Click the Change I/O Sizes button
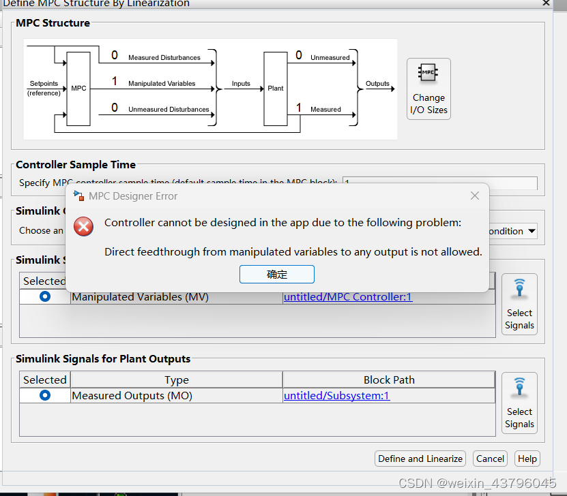tap(428, 89)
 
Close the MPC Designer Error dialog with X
tap(475, 196)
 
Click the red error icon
tap(84, 226)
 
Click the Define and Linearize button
tap(420, 459)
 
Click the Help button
tap(527, 459)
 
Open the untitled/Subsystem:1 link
tap(336, 395)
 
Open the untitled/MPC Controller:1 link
tap(348, 296)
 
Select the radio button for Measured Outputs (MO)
tap(45, 395)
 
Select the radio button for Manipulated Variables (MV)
tap(45, 296)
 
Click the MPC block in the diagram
tap(78, 88)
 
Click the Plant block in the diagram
tap(276, 88)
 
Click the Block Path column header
tap(389, 379)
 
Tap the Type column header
tap(176, 379)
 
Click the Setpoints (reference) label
tap(44, 88)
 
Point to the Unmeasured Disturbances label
tap(169, 109)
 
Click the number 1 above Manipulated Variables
tap(115, 82)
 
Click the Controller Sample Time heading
tap(76, 164)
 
